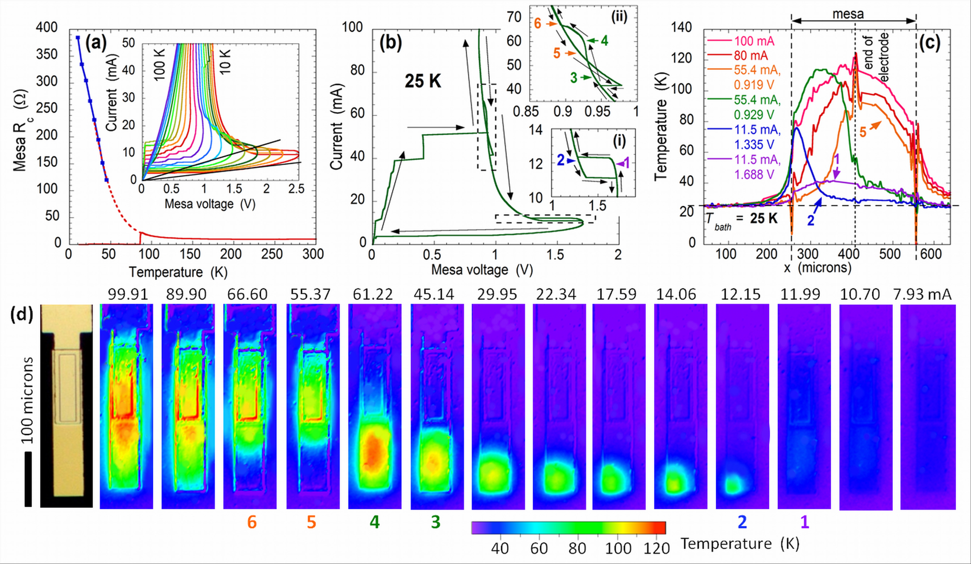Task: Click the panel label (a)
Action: (96, 43)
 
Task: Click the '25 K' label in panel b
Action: (423, 81)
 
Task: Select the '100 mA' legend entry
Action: (754, 41)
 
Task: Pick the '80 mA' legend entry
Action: (751, 55)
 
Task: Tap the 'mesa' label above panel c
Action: (848, 14)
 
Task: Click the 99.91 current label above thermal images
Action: (127, 294)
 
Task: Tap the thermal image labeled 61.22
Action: (374, 406)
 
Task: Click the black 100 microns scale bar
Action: (28, 479)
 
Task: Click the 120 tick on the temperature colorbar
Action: (656, 548)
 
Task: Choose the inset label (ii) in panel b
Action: (619, 17)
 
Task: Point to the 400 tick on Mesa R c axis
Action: (47, 27)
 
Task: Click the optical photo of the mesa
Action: (67, 406)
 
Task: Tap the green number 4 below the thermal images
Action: (374, 522)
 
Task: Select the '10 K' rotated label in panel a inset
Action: (225, 62)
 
